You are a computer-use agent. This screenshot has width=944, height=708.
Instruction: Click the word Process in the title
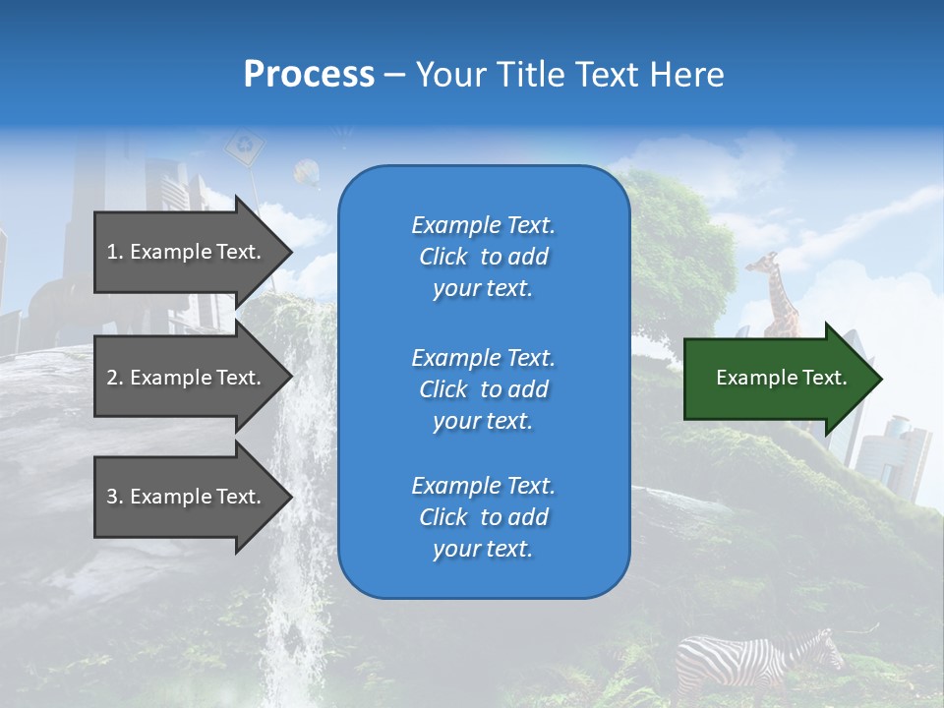pyautogui.click(x=309, y=75)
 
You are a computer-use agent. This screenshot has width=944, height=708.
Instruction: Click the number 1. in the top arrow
pyautogui.click(x=115, y=252)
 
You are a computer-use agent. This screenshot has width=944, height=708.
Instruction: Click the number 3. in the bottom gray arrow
pyautogui.click(x=115, y=497)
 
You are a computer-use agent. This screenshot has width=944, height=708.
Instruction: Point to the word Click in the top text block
pyautogui.click(x=442, y=257)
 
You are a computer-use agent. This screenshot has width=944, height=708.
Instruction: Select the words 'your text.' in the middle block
pyautogui.click(x=483, y=421)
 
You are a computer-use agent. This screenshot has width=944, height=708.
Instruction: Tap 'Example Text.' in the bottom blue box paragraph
pyautogui.click(x=483, y=486)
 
